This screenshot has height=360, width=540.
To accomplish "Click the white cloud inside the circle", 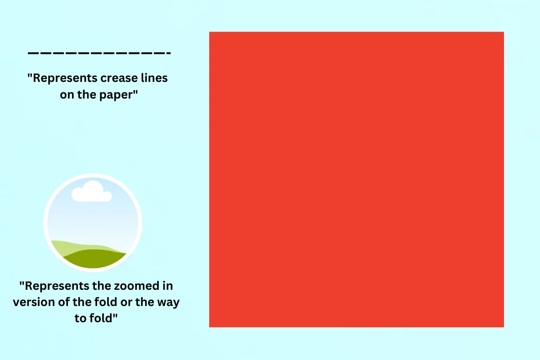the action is [x=92, y=192].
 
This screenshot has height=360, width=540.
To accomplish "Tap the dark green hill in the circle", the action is [x=94, y=259].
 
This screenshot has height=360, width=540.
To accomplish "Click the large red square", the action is [x=356, y=180].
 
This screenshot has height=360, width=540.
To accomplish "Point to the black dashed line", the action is [x=99, y=53].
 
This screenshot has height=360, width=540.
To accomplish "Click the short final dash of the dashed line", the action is [x=168, y=53].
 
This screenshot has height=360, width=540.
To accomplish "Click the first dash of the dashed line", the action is [x=33, y=53].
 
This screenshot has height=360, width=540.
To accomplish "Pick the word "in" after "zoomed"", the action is [x=168, y=286].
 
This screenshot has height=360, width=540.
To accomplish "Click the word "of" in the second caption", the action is [x=64, y=302].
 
